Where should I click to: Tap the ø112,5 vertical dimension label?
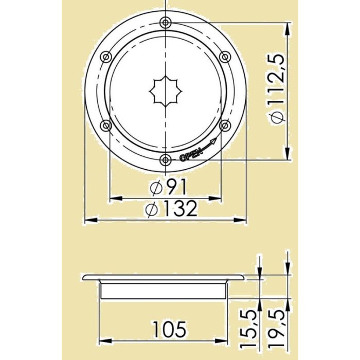tap(278, 91)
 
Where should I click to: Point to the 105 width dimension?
tap(169, 330)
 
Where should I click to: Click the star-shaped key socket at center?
tap(165, 91)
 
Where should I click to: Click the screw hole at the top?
tap(165, 22)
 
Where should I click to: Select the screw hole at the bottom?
tap(165, 160)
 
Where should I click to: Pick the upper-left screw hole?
tap(105, 56)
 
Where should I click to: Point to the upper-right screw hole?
tap(224, 56)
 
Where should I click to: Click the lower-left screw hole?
tap(105, 125)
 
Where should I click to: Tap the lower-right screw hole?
tap(224, 125)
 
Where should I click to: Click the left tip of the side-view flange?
tap(84, 278)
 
